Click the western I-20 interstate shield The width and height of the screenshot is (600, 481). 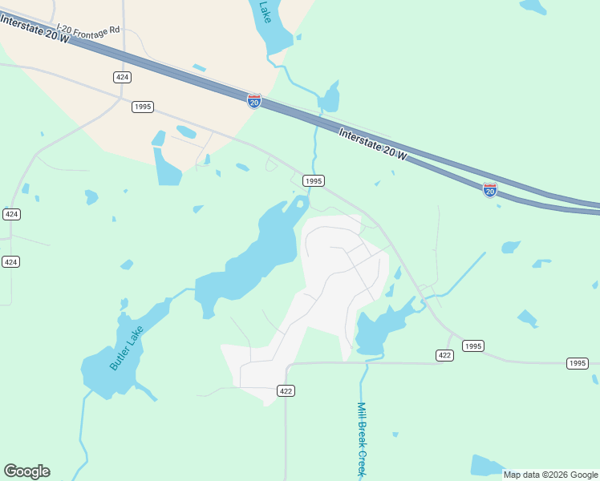coord(253,100)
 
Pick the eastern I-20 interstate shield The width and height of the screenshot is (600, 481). coord(489,189)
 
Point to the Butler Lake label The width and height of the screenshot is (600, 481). coord(127,347)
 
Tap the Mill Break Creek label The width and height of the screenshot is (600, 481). coord(362,439)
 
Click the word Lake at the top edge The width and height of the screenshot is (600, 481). coord(266,10)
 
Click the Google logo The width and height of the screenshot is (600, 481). coord(26,471)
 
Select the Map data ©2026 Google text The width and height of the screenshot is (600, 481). coord(550,475)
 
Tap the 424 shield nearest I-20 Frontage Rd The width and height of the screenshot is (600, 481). coord(122,77)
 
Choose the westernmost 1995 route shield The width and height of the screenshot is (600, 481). coord(143,107)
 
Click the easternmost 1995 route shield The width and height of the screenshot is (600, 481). coord(578,363)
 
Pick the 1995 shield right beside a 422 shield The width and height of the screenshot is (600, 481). coord(473,346)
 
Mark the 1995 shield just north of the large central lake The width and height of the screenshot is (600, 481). coord(314,181)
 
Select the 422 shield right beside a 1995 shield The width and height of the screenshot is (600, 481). coord(446,354)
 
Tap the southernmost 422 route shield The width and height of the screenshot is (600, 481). coord(286,390)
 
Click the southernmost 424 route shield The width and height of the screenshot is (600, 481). coord(10,262)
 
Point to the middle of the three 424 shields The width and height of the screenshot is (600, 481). coord(10,214)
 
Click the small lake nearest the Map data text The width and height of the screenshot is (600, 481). coord(485,465)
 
